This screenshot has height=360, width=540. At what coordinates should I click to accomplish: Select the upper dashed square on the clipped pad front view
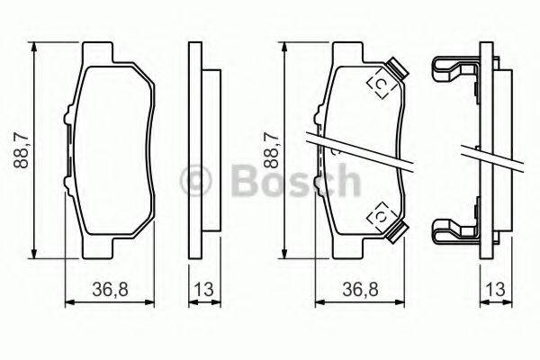point(380,84)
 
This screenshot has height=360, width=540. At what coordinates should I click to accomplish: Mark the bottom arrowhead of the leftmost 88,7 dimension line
point(34,254)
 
